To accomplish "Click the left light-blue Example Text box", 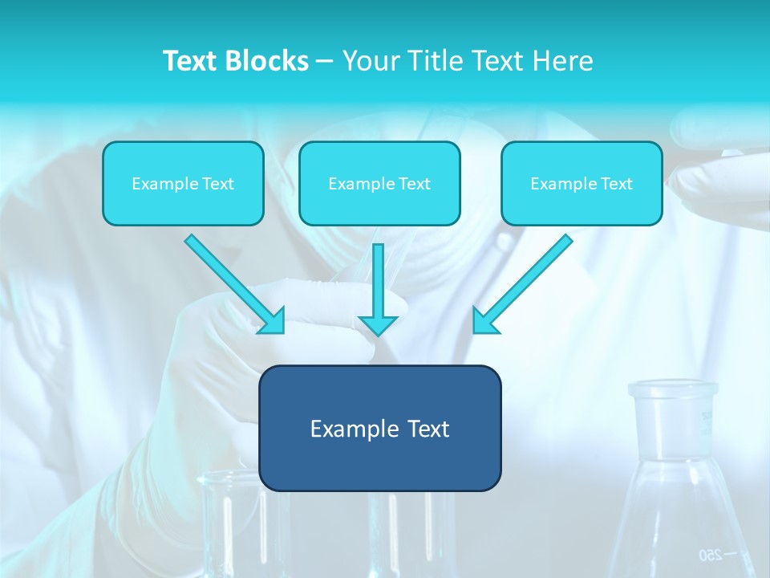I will (x=183, y=184).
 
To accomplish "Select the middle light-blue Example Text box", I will (x=379, y=184).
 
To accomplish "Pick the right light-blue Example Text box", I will (x=582, y=184).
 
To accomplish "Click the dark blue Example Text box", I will (x=379, y=429).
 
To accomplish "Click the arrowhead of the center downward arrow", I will (x=379, y=325).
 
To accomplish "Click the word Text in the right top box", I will (x=616, y=184).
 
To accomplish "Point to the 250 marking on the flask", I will (x=711, y=554).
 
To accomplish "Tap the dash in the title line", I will (x=325, y=61).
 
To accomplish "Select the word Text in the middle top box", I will (x=414, y=184).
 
